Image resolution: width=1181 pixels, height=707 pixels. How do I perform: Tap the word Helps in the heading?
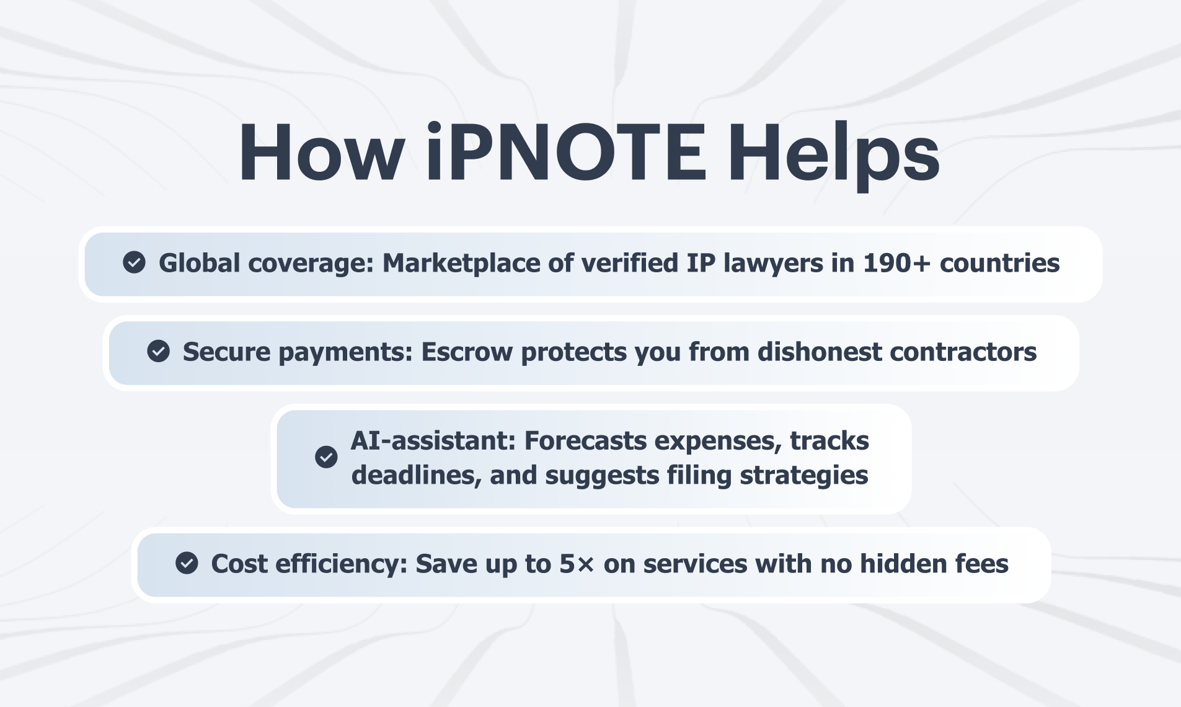pos(834,156)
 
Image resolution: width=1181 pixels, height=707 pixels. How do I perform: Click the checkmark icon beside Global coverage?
pos(134,262)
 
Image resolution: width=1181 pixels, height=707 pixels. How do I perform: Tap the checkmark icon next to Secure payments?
pos(158,351)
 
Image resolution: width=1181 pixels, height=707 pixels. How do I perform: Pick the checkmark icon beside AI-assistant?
pos(326,457)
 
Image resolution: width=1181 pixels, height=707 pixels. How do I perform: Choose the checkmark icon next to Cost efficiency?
pos(187,563)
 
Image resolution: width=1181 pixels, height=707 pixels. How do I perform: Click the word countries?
pos(999,263)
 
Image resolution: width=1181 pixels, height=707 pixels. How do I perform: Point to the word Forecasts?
pos(586,441)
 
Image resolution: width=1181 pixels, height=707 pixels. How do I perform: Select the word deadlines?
pos(417,476)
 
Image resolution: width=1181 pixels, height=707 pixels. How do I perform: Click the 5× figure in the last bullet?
pos(577,564)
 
